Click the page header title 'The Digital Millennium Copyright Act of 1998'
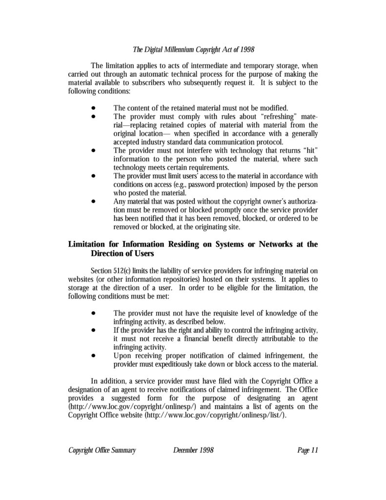tap(194, 49)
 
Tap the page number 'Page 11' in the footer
tap(307, 450)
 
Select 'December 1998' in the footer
tap(193, 450)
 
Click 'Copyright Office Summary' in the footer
tap(102, 450)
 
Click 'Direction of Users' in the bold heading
tap(122, 253)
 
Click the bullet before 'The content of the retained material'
tap(93, 108)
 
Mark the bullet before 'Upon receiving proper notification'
tap(93, 355)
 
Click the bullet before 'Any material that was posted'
tap(93, 201)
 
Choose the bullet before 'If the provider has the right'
tap(93, 330)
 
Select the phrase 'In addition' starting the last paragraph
tap(107, 381)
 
